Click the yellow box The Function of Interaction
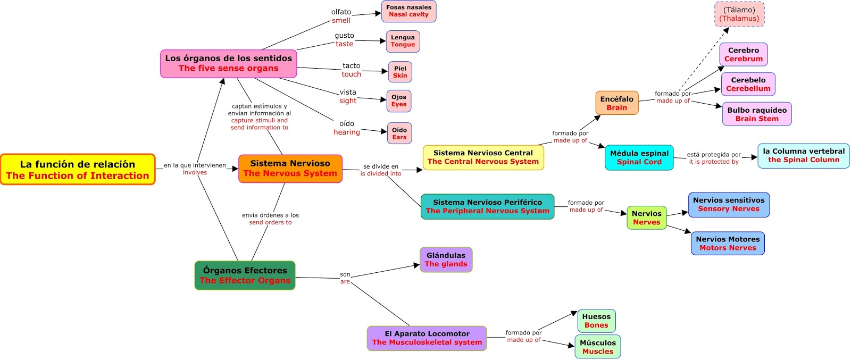[78, 170]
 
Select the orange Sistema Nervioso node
[290, 169]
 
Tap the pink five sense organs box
[228, 63]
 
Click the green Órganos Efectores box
[245, 275]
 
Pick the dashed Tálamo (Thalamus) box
[739, 14]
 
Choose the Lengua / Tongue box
[403, 41]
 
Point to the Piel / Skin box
[400, 72]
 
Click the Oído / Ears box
[399, 133]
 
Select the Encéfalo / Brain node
[616, 103]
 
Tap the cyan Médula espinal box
[639, 157]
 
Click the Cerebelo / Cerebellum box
[748, 84]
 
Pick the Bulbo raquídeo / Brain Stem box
[756, 114]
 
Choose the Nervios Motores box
[728, 244]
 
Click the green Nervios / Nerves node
[646, 218]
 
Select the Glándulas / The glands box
[446, 259]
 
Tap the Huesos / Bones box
[596, 321]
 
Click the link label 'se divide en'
[380, 166]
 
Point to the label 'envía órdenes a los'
[270, 215]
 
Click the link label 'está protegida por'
[714, 155]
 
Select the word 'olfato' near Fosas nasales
[341, 12]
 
